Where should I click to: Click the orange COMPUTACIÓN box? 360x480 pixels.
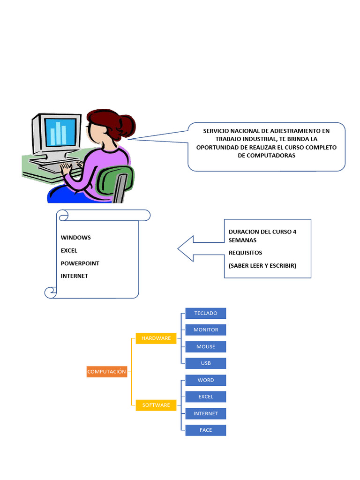(x=107, y=372)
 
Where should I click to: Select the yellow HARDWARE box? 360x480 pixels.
(x=156, y=338)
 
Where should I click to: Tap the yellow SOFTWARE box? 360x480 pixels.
(x=156, y=405)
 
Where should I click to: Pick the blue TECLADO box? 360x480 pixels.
(x=205, y=313)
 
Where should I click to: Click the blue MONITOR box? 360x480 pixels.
(x=205, y=330)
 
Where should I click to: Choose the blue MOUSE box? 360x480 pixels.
(x=205, y=347)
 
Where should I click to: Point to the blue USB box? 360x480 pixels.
(x=205, y=363)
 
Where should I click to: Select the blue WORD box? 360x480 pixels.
(x=205, y=380)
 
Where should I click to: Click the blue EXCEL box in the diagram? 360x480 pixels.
(x=205, y=397)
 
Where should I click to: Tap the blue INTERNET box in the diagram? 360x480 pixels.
(x=205, y=413)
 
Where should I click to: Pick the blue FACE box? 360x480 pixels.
(x=205, y=430)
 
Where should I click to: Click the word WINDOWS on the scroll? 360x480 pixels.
(x=76, y=238)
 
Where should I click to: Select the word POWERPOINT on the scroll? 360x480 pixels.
(x=80, y=263)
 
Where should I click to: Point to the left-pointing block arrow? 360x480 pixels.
(x=197, y=248)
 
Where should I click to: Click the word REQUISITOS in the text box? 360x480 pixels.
(x=245, y=253)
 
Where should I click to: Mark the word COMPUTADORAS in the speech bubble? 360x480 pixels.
(x=266, y=156)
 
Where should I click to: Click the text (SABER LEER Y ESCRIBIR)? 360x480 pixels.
(x=262, y=266)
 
